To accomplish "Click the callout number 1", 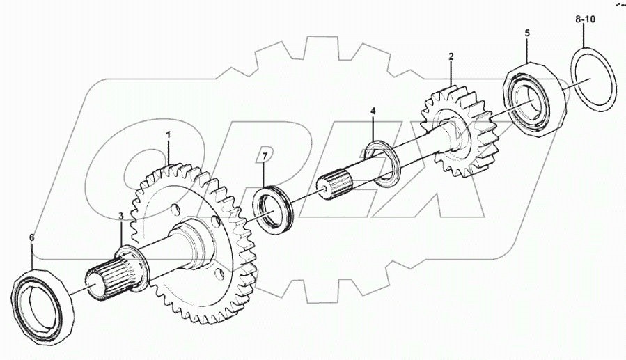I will point(167,133).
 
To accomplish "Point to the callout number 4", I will point(373,111).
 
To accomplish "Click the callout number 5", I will point(527,33).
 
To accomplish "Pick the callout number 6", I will point(31,237).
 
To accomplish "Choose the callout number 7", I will point(265,155).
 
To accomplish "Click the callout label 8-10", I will point(586,22).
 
